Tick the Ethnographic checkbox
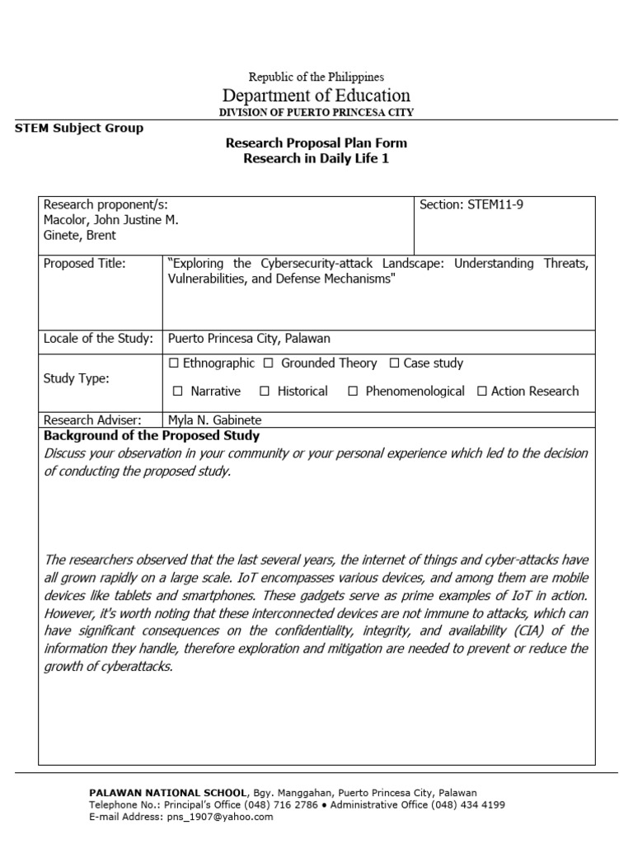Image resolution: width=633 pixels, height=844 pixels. [x=173, y=363]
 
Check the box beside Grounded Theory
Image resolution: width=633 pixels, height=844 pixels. [x=269, y=363]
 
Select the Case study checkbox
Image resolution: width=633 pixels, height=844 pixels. [x=394, y=363]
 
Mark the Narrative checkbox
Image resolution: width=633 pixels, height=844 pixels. [x=177, y=392]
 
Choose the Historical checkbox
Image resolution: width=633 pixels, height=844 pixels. [x=265, y=392]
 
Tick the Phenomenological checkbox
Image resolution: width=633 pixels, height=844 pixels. [x=353, y=392]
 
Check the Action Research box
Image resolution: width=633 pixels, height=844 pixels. [x=482, y=392]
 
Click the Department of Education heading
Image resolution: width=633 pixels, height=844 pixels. [x=316, y=96]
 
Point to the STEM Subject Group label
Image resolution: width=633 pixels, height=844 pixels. [x=79, y=128]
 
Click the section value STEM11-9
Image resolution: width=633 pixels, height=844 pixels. [x=495, y=205]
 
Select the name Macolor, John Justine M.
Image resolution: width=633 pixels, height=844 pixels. [x=110, y=220]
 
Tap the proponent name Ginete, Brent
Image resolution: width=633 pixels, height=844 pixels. [x=80, y=236]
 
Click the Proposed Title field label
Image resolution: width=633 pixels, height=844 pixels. [x=84, y=264]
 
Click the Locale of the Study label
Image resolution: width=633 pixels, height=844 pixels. [x=98, y=339]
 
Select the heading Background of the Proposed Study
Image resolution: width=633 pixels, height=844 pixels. [x=152, y=436]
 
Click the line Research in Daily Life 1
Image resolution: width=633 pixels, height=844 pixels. [x=316, y=159]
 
